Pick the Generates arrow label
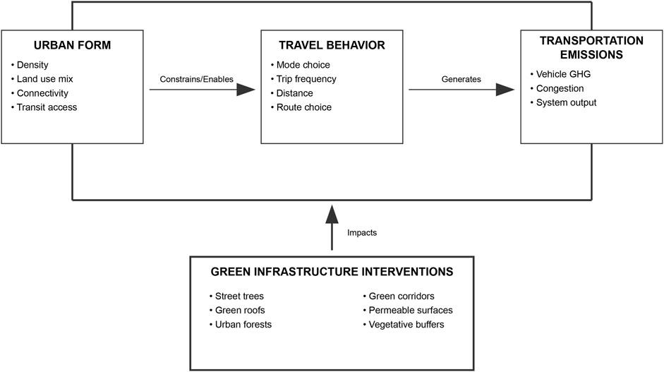(x=462, y=79)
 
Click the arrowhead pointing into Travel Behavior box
(x=246, y=90)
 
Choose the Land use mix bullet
(x=47, y=79)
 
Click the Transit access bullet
(x=48, y=107)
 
